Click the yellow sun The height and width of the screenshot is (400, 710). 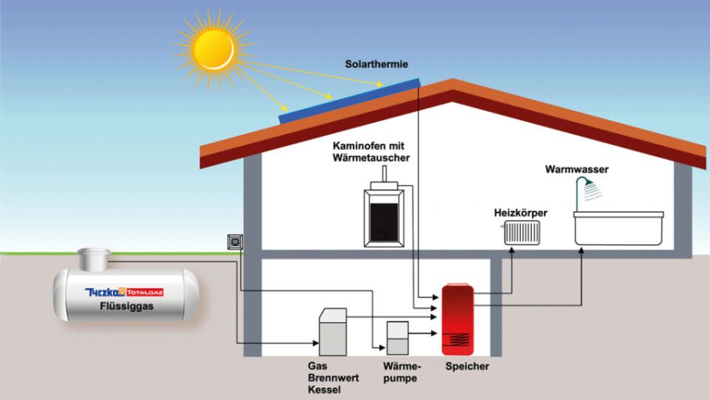point(214,50)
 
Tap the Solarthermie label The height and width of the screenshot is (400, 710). point(376,64)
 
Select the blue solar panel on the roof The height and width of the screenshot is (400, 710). point(349,101)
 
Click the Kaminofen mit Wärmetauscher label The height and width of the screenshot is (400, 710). point(371,151)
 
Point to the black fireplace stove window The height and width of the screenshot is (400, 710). point(384,223)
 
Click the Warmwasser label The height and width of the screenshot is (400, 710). point(576,169)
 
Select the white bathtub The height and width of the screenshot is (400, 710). point(618,228)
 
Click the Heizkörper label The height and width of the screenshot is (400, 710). point(520,213)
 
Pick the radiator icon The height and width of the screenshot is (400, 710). point(521,233)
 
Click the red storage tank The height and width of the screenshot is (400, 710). point(458,319)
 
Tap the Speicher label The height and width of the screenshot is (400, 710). point(467,366)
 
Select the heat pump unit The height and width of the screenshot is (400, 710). point(398,338)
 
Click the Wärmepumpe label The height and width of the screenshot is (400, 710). point(402,372)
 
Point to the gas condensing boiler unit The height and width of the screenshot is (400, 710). point(333,332)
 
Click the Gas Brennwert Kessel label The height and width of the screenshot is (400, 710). point(334,377)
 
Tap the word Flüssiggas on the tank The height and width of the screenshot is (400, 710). point(126,306)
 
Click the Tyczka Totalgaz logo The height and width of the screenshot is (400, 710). point(124,292)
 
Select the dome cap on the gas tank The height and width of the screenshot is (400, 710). point(94,259)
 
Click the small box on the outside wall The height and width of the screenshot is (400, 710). point(235,242)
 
